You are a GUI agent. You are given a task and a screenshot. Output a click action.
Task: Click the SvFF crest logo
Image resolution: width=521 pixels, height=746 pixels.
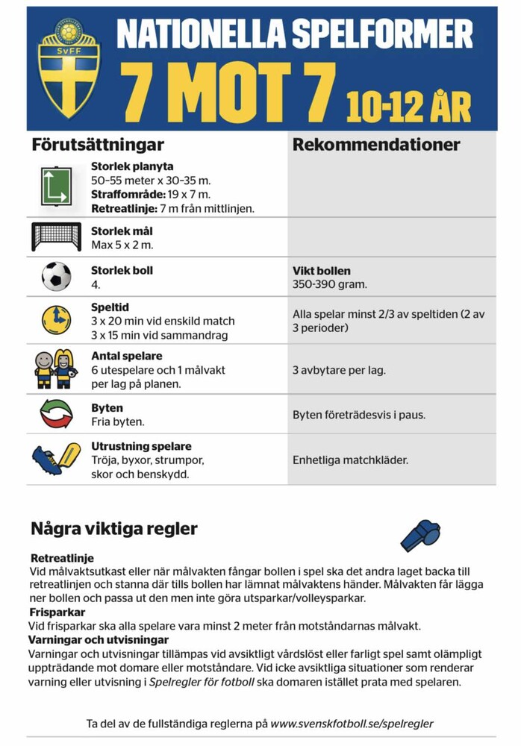tap(69, 68)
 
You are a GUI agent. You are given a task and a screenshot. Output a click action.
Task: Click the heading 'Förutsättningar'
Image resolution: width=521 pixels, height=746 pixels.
tap(97, 144)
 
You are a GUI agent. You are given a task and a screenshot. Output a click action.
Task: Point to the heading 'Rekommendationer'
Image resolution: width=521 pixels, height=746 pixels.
tap(376, 145)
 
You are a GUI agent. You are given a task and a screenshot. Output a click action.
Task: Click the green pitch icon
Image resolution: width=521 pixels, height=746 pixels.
tap(56, 186)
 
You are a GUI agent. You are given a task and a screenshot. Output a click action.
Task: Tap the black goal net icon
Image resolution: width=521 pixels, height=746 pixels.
tap(56, 236)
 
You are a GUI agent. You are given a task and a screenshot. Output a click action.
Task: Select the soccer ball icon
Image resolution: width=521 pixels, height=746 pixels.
tap(56, 276)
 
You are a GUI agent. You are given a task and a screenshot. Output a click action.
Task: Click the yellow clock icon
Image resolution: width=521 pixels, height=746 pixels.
tap(56, 319)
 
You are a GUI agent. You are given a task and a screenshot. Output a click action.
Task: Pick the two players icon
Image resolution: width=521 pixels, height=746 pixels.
tap(55, 369)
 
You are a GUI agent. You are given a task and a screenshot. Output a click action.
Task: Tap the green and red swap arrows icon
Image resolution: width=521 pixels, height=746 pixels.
tap(56, 414)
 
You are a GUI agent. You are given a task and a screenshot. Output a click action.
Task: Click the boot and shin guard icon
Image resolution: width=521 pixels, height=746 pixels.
tap(56, 458)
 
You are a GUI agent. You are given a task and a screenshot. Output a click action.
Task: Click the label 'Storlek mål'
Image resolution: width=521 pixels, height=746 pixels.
tap(122, 231)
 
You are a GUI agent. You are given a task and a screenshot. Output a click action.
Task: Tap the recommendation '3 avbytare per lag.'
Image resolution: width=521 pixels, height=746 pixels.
tap(339, 369)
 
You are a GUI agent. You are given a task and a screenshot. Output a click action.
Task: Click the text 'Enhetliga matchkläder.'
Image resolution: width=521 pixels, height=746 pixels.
tap(350, 460)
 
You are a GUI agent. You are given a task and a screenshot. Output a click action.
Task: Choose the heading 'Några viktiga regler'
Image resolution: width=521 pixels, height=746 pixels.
tap(114, 529)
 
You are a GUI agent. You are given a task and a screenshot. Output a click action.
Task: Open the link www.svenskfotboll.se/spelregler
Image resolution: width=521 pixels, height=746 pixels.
tap(352, 723)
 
